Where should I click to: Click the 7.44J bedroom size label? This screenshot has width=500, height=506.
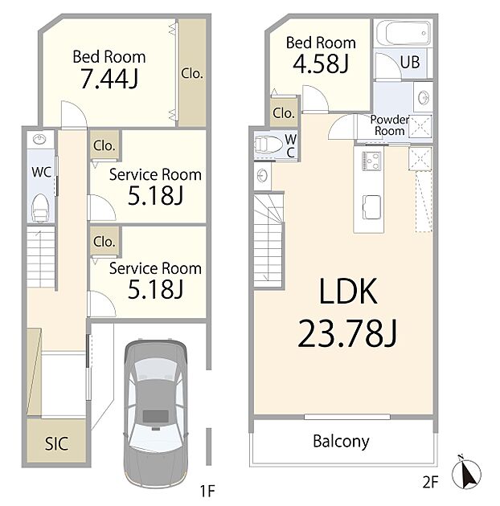click(109, 79)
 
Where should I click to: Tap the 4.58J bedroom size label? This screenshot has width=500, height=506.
click(321, 63)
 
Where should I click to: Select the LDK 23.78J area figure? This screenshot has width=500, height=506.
click(347, 333)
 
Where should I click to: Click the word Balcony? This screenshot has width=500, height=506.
click(341, 442)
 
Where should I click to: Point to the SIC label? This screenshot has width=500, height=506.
click(56, 443)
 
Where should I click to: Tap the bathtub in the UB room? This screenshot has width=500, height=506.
click(404, 34)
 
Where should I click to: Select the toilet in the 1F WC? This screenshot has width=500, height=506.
click(40, 207)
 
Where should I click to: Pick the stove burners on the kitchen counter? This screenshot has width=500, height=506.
click(371, 161)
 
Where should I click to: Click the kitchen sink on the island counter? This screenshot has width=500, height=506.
click(371, 207)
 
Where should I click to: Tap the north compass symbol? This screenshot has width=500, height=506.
click(466, 472)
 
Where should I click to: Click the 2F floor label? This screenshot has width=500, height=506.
click(430, 482)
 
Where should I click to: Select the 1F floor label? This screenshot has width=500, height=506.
click(207, 491)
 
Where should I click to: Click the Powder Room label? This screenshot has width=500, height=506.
click(390, 125)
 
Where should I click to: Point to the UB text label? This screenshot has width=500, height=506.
click(410, 63)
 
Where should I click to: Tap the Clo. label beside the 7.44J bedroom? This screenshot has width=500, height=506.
click(192, 74)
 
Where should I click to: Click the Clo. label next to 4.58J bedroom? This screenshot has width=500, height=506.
click(284, 113)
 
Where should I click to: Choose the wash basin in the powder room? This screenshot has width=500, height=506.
click(424, 97)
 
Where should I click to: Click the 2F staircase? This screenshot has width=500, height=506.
click(268, 240)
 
